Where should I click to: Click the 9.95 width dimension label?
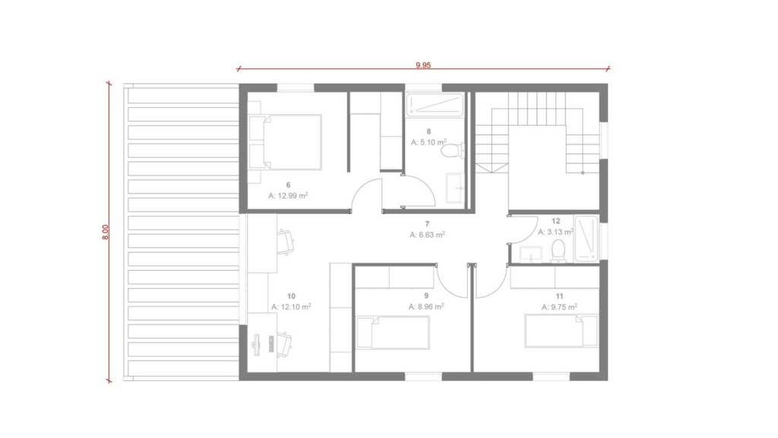[423, 65]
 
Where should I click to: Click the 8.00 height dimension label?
[105, 232]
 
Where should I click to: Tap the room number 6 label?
[288, 186]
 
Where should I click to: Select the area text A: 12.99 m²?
[288, 195]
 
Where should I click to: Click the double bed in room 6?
[286, 142]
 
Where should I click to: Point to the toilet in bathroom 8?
[452, 151]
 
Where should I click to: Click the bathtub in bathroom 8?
[435, 105]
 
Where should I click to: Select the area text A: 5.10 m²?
[429, 142]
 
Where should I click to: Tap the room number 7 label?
[427, 224]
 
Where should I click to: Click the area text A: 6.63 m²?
[427, 235]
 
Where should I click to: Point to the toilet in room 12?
[558, 251]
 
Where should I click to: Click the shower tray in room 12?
[587, 238]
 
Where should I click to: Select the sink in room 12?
[531, 254]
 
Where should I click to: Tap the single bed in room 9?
[393, 333]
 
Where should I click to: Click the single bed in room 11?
[561, 331]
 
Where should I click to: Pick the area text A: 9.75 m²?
[559, 307]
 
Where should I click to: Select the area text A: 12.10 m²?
[291, 307]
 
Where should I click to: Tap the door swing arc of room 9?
[448, 289]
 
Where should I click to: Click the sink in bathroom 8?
[454, 189]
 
